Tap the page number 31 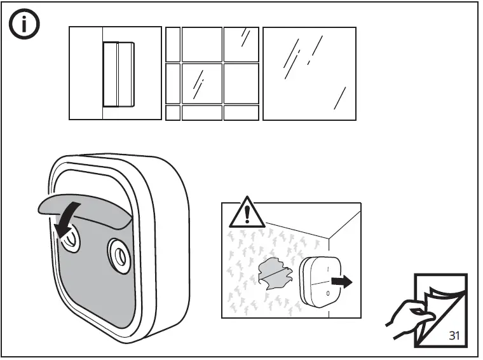(x=454, y=335)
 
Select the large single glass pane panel (x=309, y=73)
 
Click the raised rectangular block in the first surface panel (x=119, y=74)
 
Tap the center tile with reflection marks (x=201, y=83)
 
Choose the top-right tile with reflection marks (x=241, y=43)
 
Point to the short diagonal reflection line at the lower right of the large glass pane (x=341, y=98)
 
